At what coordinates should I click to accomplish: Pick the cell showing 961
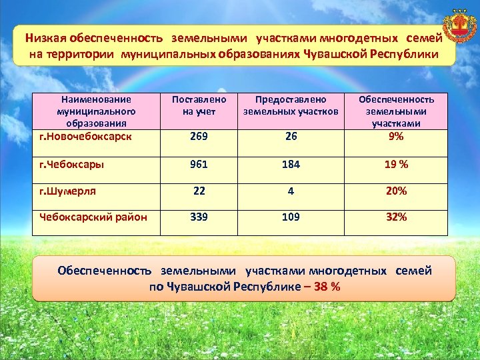(199, 164)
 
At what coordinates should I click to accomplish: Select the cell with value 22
(199, 191)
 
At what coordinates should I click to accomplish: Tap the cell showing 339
(199, 217)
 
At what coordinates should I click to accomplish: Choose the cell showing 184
(291, 164)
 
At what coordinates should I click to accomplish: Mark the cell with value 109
(291, 217)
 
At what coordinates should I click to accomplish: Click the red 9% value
(397, 136)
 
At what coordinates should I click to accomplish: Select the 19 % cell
(397, 164)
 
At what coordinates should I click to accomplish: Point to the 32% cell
(397, 217)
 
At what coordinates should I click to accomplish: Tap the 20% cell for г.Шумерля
(397, 191)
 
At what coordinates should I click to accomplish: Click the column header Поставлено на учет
(199, 105)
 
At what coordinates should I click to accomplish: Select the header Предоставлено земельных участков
(291, 105)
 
